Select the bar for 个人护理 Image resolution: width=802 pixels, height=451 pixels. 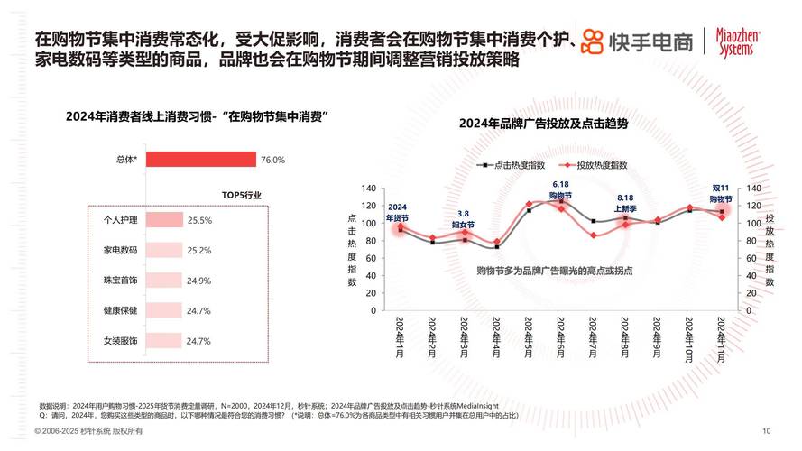163,220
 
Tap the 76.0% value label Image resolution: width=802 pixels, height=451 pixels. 272,160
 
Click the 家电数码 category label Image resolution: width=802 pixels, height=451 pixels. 119,250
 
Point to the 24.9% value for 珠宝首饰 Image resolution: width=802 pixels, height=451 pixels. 198,281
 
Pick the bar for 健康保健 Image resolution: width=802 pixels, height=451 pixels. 162,310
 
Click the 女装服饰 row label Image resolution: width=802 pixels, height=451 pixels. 119,341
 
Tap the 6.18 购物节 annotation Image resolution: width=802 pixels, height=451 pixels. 560,190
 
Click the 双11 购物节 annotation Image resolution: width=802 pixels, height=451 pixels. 720,193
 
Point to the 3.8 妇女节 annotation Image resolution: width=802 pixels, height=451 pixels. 463,219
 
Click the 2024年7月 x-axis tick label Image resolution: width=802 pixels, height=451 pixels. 592,338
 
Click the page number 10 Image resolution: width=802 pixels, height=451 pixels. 766,430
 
